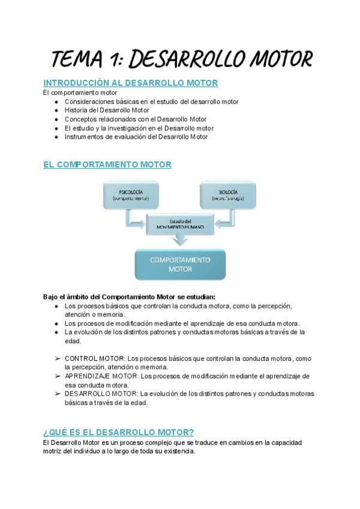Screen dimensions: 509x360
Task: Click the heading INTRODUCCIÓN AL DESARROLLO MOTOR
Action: (x=130, y=83)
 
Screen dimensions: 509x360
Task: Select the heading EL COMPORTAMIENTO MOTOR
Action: (x=107, y=164)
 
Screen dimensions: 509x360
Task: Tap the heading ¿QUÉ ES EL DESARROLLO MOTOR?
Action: (x=119, y=432)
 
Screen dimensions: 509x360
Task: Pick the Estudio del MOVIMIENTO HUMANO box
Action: (x=180, y=224)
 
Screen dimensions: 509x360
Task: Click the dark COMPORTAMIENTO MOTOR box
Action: (x=180, y=264)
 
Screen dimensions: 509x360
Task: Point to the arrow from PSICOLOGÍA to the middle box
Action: (x=134, y=223)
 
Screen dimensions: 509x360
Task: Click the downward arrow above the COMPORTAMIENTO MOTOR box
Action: (x=180, y=240)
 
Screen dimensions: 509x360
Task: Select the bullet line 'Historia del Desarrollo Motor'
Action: (x=107, y=110)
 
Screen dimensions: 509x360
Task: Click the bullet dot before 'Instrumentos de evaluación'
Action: (x=56, y=137)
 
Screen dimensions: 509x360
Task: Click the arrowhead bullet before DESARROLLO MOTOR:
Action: (x=57, y=394)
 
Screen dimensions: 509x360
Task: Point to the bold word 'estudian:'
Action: (x=199, y=297)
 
